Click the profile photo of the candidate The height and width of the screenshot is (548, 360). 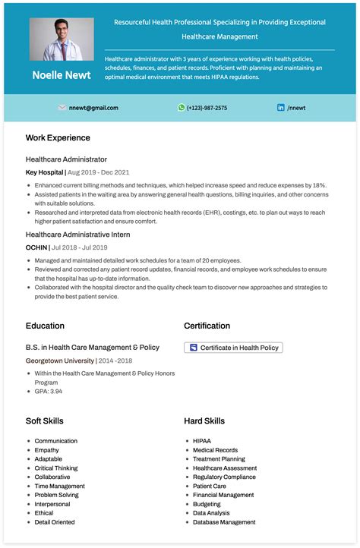click(62, 39)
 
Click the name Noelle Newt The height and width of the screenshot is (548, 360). click(62, 75)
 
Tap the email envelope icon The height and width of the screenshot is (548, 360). click(62, 108)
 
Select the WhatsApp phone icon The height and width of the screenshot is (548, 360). click(182, 108)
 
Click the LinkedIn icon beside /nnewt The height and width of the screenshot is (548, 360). click(281, 108)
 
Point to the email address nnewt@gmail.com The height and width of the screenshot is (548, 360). click(93, 108)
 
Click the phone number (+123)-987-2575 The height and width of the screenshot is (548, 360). click(207, 108)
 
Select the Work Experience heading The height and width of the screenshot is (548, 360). click(58, 138)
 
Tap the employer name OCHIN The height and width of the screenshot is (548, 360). click(36, 247)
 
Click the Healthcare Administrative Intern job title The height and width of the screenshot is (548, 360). click(77, 235)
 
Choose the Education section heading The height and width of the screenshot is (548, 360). click(45, 326)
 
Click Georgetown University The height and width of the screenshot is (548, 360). click(60, 361)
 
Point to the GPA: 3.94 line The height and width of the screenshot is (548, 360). click(49, 391)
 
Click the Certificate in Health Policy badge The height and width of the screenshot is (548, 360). click(234, 348)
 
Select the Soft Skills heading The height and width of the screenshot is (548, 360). click(45, 420)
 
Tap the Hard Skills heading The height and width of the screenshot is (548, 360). click(204, 420)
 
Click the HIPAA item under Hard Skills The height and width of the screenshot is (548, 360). click(202, 441)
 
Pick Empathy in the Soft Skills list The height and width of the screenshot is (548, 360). click(46, 450)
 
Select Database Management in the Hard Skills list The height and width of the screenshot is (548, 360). click(224, 522)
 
